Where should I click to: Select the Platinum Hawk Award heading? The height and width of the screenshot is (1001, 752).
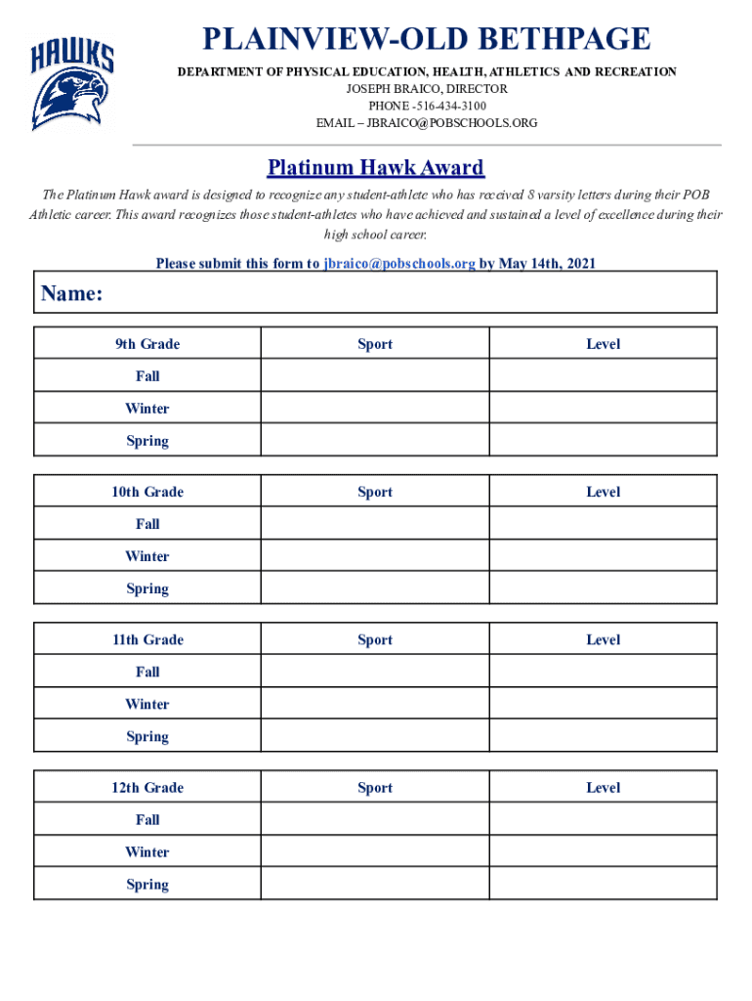376,168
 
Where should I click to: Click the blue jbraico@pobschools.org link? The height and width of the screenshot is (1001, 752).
399,264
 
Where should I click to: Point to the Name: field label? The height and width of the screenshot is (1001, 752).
72,294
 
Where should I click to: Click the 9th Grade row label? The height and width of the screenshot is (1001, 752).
147,344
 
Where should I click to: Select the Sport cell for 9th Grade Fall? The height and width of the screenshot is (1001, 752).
374,376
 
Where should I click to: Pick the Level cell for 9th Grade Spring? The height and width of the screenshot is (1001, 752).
603,441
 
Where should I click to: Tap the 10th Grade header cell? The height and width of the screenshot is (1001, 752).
147,492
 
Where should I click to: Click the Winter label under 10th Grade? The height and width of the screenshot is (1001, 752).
147,556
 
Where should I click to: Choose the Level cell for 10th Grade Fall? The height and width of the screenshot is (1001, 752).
603,524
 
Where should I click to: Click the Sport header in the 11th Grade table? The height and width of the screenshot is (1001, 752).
375,640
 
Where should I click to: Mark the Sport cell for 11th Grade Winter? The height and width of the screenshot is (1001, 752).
374,704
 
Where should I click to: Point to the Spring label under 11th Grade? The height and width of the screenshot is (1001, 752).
147,736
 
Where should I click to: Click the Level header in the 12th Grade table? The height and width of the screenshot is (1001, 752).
603,788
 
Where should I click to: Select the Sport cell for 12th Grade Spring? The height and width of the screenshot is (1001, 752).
374,884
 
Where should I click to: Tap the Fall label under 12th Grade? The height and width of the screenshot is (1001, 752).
147,820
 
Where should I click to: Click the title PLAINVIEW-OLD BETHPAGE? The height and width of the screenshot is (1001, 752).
426,40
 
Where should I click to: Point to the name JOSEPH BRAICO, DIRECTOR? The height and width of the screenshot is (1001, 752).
427,88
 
